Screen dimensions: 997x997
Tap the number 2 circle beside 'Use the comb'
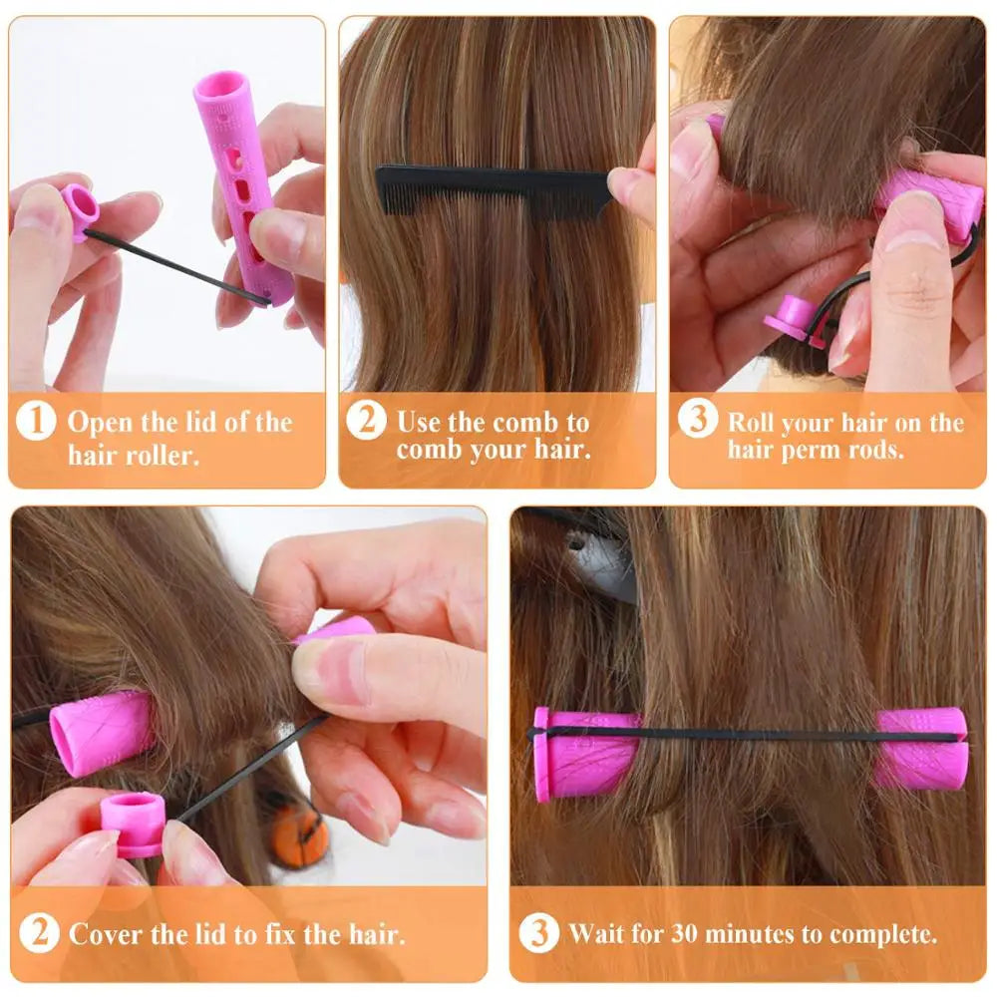[x=366, y=421]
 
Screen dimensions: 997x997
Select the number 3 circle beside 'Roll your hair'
[x=697, y=418]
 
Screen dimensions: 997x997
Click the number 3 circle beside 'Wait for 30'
[x=539, y=933]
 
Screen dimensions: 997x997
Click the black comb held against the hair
[x=493, y=185]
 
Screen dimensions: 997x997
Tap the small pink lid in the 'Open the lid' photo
[x=80, y=208]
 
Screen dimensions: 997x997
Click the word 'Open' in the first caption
[x=97, y=422]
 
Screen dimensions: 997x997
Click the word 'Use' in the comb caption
[x=419, y=422]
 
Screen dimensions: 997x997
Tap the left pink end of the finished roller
[x=578, y=754]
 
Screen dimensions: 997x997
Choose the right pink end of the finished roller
[x=922, y=748]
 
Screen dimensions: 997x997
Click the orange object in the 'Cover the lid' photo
[x=300, y=833]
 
